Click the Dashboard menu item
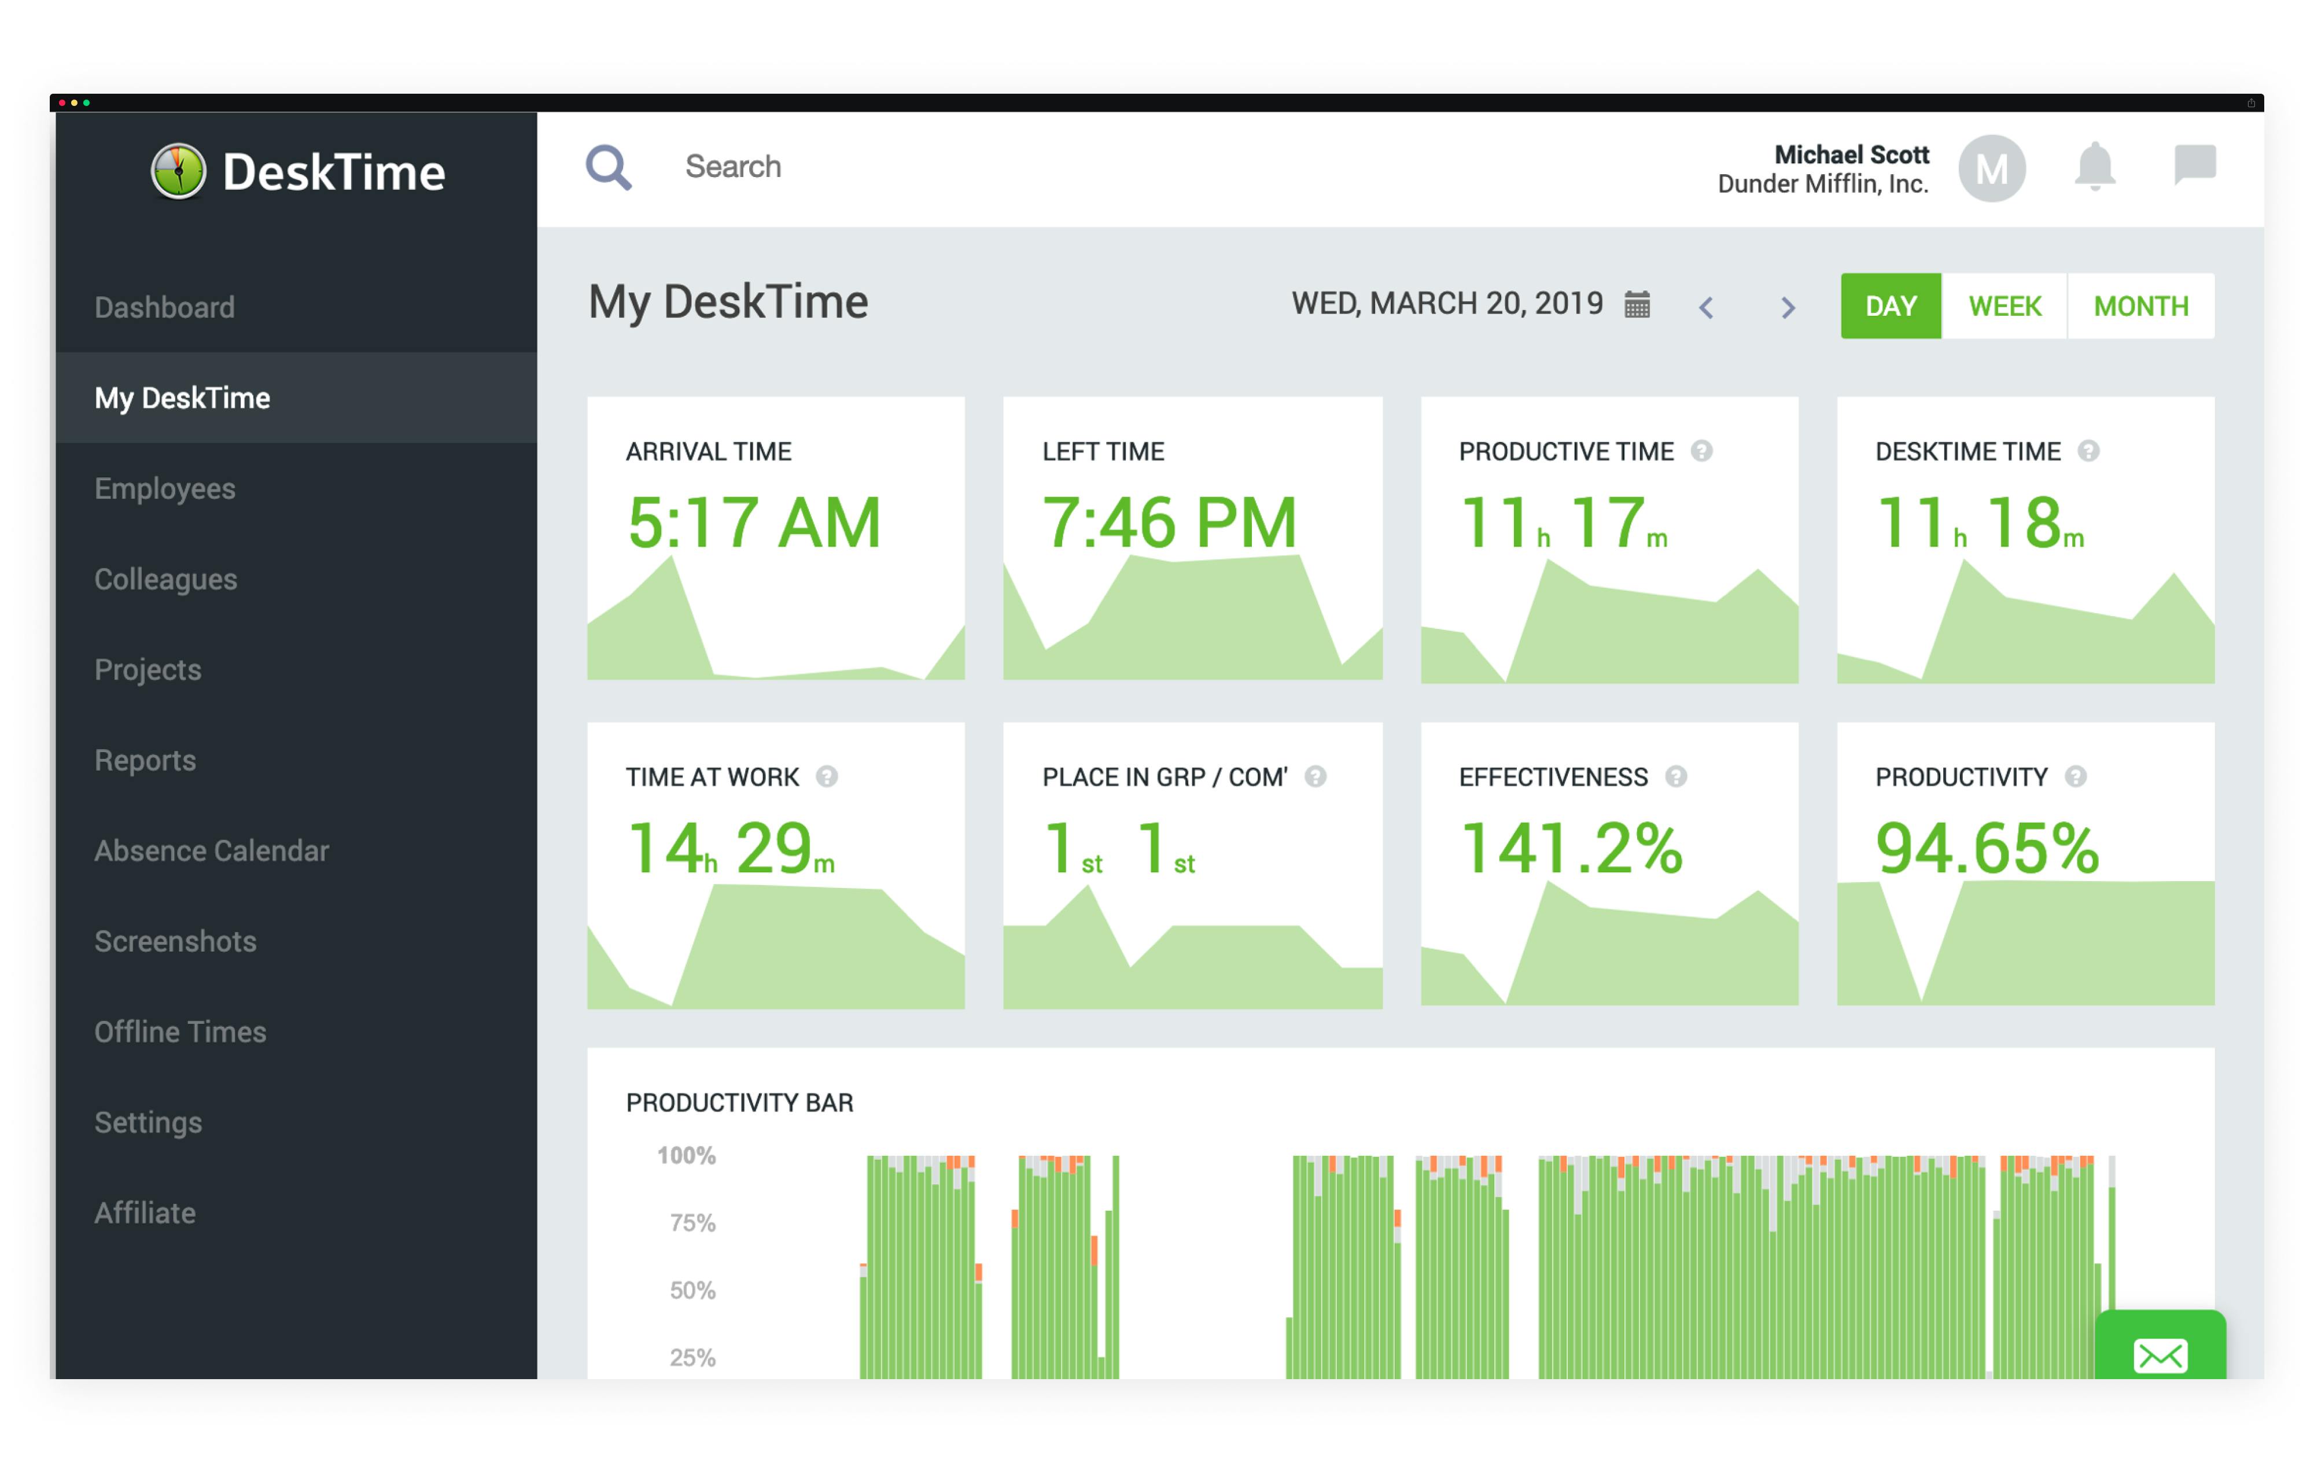pyautogui.click(x=164, y=308)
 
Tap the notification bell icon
pyautogui.click(x=2094, y=167)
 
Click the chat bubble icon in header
pyautogui.click(x=2195, y=164)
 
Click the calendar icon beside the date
pyautogui.click(x=1637, y=305)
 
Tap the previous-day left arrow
pyautogui.click(x=1706, y=308)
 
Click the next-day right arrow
pyautogui.click(x=1788, y=308)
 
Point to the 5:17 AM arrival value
pyautogui.click(x=753, y=524)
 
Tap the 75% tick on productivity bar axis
pyautogui.click(x=692, y=1223)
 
